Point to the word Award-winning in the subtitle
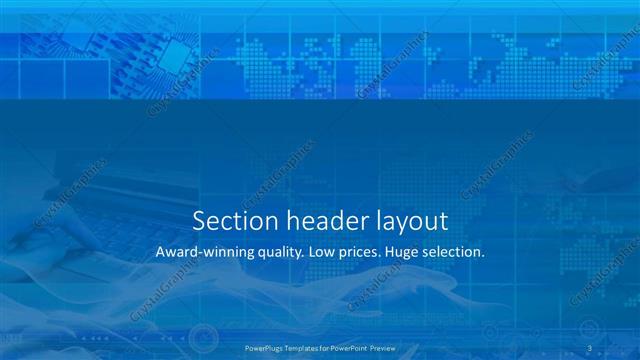click(205, 253)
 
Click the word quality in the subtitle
click(278, 254)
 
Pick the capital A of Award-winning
click(160, 253)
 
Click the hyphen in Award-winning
click(200, 254)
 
